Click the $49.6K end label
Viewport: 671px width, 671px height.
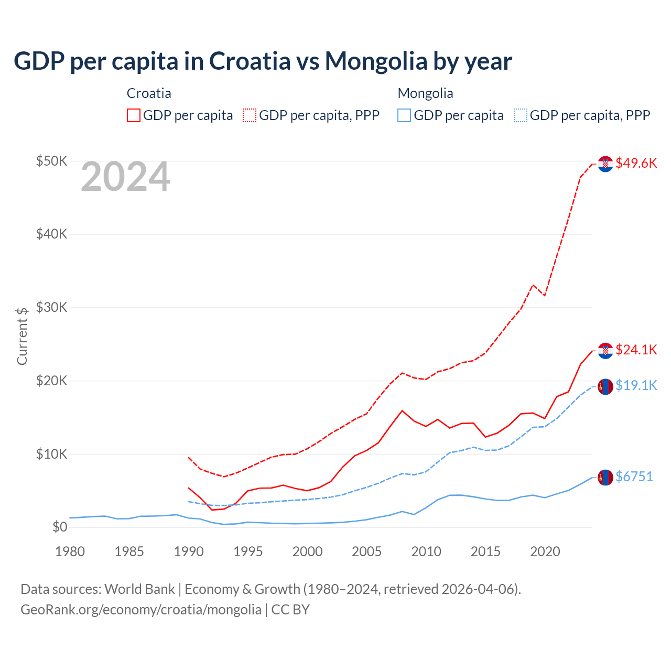pyautogui.click(x=636, y=163)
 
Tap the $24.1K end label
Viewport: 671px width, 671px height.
pyautogui.click(x=636, y=350)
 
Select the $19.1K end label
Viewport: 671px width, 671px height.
pyautogui.click(x=636, y=386)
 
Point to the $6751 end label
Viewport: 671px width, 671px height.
pyautogui.click(x=634, y=477)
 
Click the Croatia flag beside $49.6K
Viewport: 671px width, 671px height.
pyautogui.click(x=605, y=164)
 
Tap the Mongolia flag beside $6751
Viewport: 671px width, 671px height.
pyautogui.click(x=605, y=477)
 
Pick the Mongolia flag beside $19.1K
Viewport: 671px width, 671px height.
pyautogui.click(x=605, y=386)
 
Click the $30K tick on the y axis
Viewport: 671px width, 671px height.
pyautogui.click(x=52, y=307)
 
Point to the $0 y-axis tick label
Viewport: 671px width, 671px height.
pyautogui.click(x=60, y=527)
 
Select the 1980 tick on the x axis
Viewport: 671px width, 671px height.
pyautogui.click(x=70, y=551)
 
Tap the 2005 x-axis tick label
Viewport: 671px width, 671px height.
pyautogui.click(x=367, y=551)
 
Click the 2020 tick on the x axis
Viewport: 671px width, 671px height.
pyautogui.click(x=545, y=551)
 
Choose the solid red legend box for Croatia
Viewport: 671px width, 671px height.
pyautogui.click(x=134, y=115)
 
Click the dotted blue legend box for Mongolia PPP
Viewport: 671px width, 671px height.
pyautogui.click(x=521, y=115)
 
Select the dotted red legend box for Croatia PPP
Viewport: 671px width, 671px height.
pyautogui.click(x=250, y=115)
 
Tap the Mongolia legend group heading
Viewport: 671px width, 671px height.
pyautogui.click(x=425, y=93)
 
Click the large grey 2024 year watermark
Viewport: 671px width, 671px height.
pyautogui.click(x=125, y=177)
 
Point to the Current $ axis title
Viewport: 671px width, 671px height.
pyautogui.click(x=22, y=336)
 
